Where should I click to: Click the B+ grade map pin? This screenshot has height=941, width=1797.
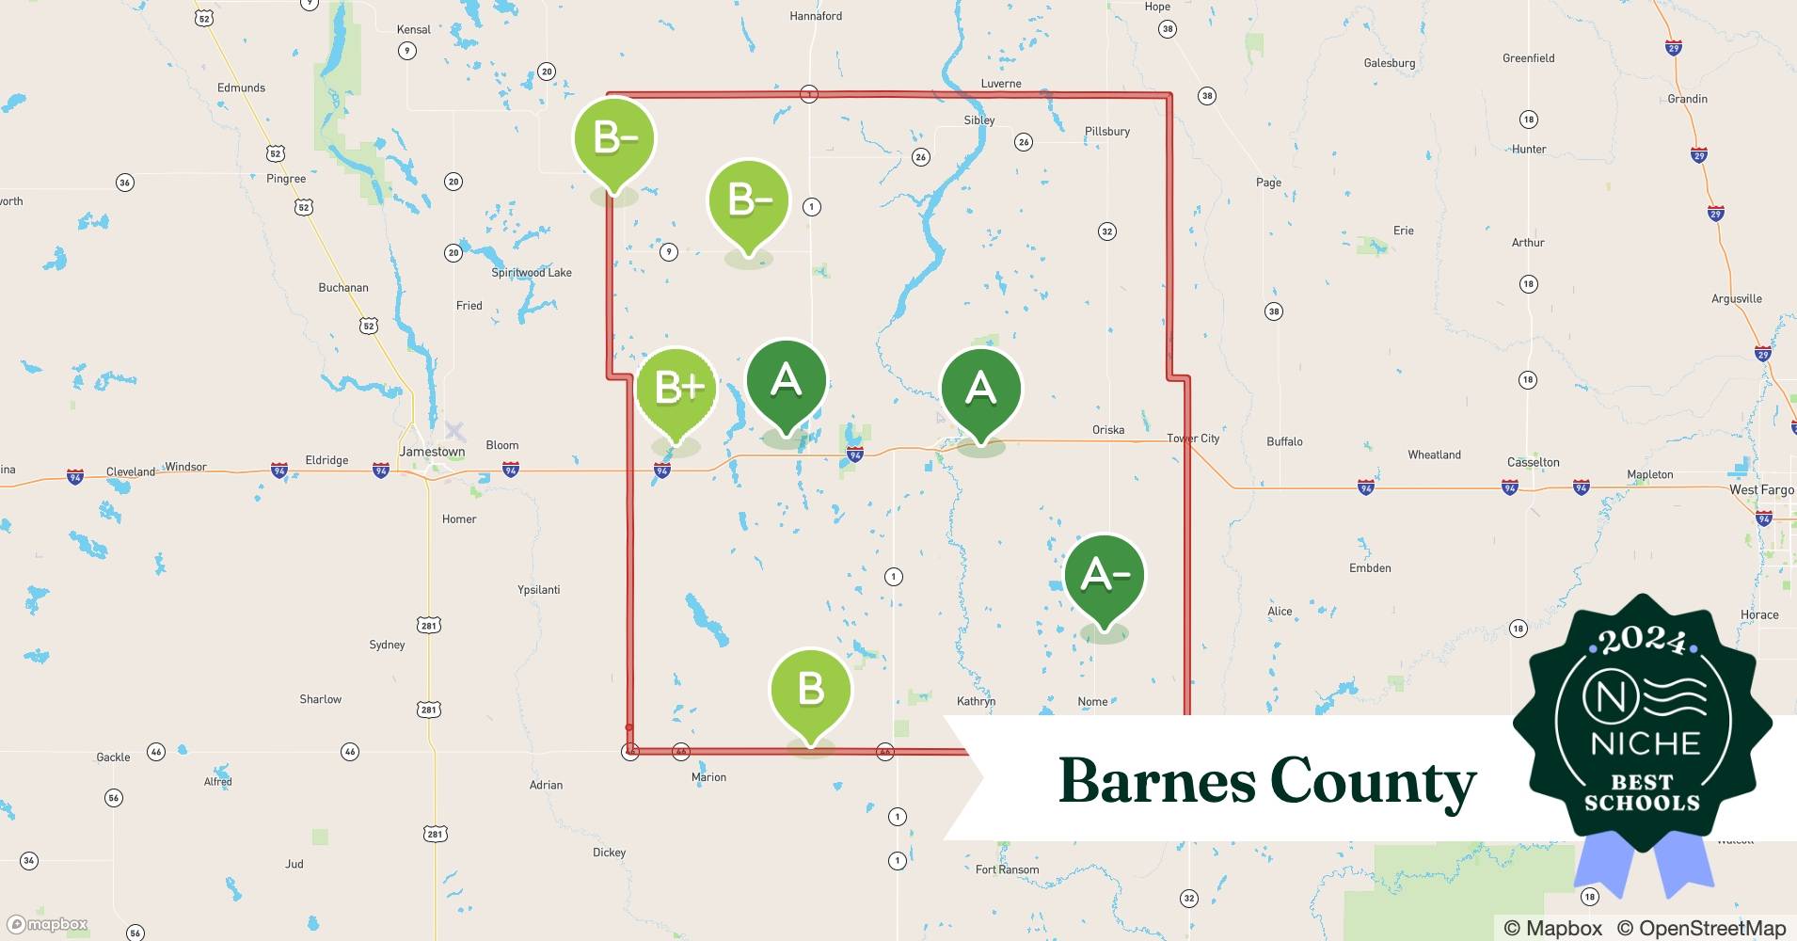676,388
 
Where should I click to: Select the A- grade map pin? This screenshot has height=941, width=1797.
1104,573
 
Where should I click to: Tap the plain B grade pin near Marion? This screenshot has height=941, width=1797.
810,688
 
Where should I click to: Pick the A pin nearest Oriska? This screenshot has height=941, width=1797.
980,387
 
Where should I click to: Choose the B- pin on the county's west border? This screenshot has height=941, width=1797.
614,139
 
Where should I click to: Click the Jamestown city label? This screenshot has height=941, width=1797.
432,452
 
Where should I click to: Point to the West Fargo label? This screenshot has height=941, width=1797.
1761,490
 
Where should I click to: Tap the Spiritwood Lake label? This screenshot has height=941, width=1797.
532,273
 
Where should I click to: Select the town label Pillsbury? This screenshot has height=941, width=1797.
1107,132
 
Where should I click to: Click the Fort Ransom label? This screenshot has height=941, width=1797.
1007,869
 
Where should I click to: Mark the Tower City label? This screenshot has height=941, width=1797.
1193,439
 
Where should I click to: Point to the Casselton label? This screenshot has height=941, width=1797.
1533,462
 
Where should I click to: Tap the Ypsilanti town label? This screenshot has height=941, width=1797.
539,590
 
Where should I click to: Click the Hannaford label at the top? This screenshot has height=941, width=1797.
816,16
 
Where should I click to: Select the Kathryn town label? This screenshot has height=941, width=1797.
976,701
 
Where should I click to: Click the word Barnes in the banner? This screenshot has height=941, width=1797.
1156,781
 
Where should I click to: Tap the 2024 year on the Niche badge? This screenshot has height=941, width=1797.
1643,641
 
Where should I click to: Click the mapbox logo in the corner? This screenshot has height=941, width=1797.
48,924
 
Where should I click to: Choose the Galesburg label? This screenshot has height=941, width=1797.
1389,63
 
